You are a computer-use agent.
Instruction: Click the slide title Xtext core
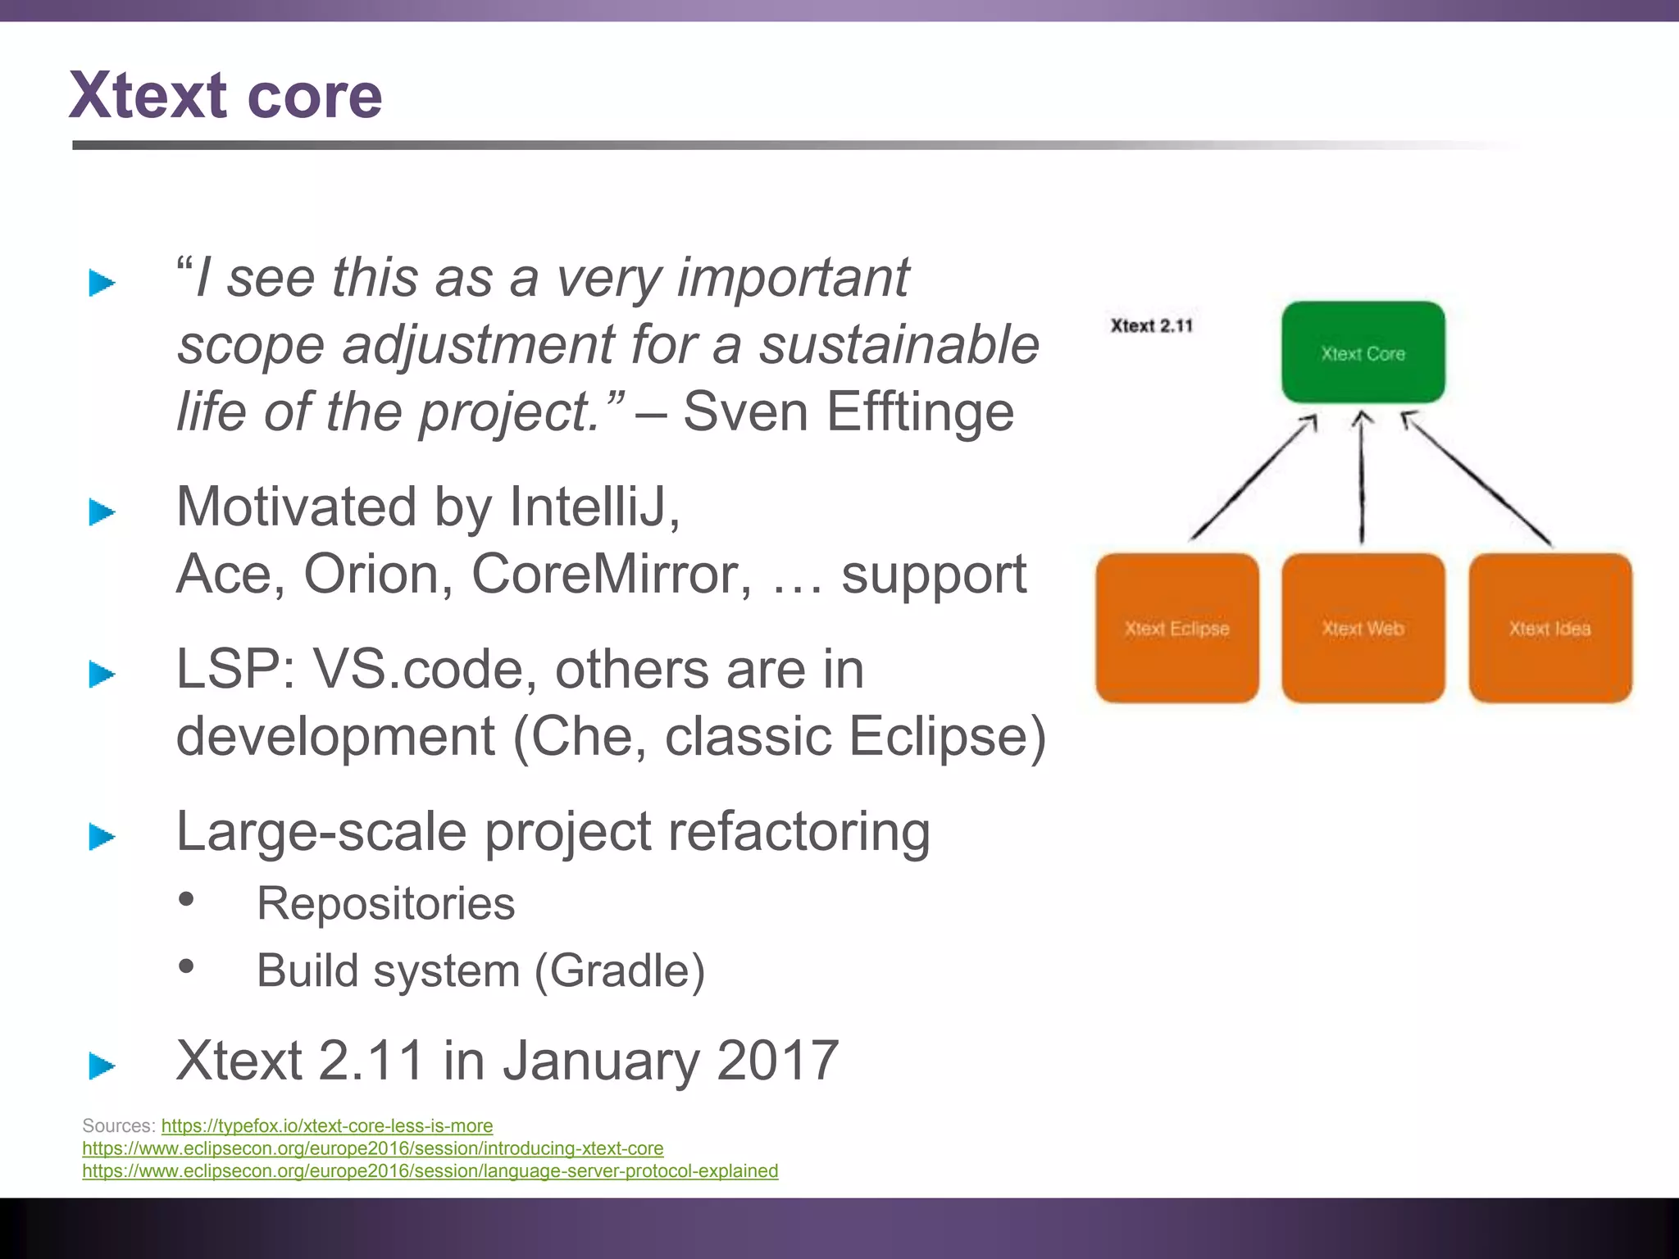[225, 96]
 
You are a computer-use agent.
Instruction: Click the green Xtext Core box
[1363, 352]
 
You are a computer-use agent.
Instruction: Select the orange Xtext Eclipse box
[1176, 628]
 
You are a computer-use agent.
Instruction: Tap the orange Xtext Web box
[1363, 628]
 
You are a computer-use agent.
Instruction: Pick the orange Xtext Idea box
[1549, 628]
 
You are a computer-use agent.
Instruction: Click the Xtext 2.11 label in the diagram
[1151, 325]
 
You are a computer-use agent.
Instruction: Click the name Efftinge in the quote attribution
[920, 411]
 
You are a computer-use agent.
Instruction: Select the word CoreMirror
[611, 574]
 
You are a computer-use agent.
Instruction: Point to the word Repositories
[385, 903]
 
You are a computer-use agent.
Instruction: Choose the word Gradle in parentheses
[621, 970]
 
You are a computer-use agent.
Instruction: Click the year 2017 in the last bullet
[777, 1060]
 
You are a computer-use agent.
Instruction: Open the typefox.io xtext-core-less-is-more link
[326, 1125]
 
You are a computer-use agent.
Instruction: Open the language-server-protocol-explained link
[430, 1170]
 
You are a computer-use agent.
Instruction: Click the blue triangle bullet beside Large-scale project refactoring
[102, 837]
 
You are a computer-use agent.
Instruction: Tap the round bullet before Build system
[187, 966]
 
